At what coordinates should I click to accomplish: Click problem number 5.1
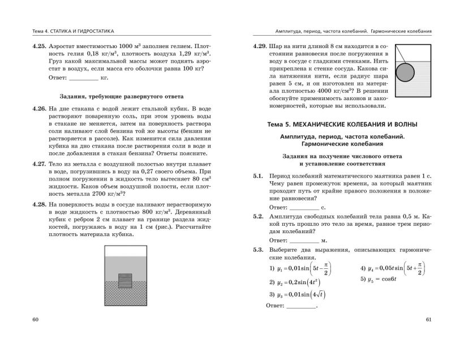click(x=257, y=176)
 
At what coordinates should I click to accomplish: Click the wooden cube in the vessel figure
click(x=125, y=281)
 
